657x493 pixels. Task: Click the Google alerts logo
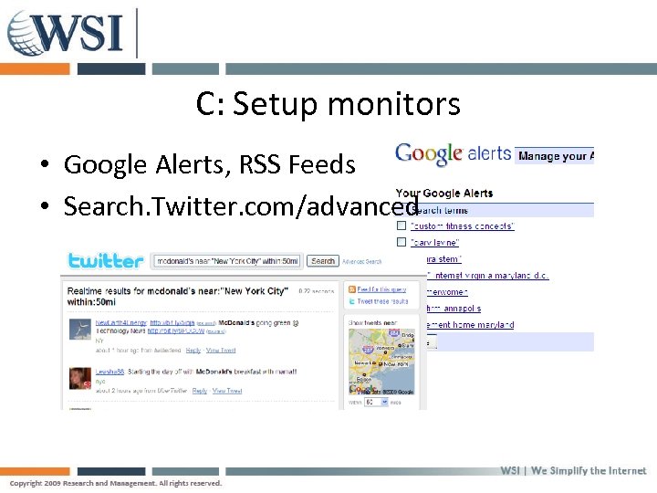(x=453, y=154)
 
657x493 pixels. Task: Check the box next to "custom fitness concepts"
(x=401, y=226)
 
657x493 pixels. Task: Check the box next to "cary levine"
(x=401, y=242)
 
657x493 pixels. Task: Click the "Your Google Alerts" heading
(x=443, y=194)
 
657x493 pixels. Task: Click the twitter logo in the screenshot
(x=106, y=261)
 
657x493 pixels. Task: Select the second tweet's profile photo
(x=80, y=377)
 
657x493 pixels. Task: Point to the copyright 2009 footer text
(x=115, y=483)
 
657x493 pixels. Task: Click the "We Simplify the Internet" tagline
(x=589, y=471)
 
